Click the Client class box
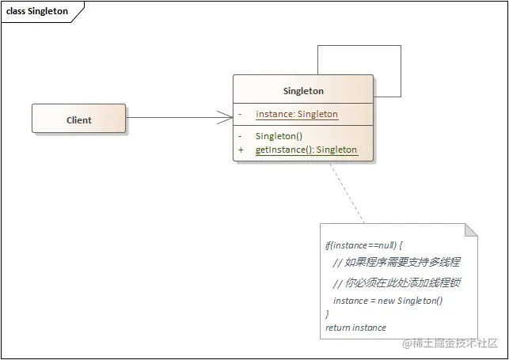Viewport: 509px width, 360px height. pyautogui.click(x=78, y=119)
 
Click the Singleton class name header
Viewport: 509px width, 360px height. pyautogui.click(x=303, y=91)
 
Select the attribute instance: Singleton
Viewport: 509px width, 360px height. pyautogui.click(x=297, y=114)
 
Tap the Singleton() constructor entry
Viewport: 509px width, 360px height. pyautogui.click(x=274, y=136)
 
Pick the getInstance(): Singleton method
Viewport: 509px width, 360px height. pyautogui.click(x=306, y=150)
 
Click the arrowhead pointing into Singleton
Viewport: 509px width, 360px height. pyautogui.click(x=225, y=119)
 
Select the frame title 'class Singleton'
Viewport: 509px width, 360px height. pyautogui.click(x=38, y=12)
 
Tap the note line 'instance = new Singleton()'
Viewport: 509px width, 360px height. pyautogui.click(x=388, y=300)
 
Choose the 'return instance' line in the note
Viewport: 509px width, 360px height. pyautogui.click(x=355, y=327)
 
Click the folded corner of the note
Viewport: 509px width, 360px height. pyautogui.click(x=472, y=229)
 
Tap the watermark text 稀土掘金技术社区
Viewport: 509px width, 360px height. pyautogui.click(x=451, y=343)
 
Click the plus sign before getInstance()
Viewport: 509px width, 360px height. pyautogui.click(x=241, y=150)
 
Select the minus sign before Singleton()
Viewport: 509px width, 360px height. pyautogui.click(x=241, y=136)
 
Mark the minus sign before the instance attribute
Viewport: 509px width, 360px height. pyautogui.click(x=241, y=114)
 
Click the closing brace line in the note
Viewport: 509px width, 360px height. pyautogui.click(x=328, y=314)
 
